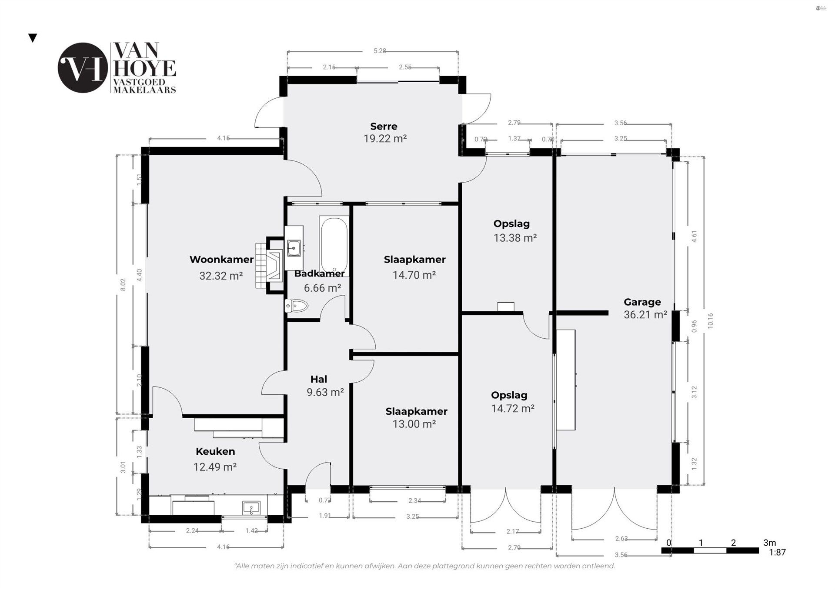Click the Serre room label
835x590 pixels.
pyautogui.click(x=384, y=127)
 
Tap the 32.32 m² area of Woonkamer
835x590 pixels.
pyautogui.click(x=221, y=276)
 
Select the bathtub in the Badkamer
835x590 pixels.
pyautogui.click(x=334, y=244)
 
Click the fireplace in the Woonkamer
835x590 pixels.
pyautogui.click(x=274, y=265)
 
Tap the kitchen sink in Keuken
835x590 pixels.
pyautogui.click(x=251, y=507)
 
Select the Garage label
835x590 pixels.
pyautogui.click(x=642, y=302)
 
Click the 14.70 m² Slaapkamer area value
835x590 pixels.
pyautogui.click(x=414, y=275)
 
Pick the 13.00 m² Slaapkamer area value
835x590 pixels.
pyautogui.click(x=414, y=424)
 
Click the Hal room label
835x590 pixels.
pyautogui.click(x=319, y=379)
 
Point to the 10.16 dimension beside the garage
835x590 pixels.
pyautogui.click(x=710, y=320)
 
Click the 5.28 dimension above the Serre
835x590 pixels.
pyautogui.click(x=380, y=51)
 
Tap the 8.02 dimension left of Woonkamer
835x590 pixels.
pyautogui.click(x=123, y=285)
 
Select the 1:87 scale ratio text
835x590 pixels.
pyautogui.click(x=777, y=553)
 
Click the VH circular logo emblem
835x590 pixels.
pyautogui.click(x=82, y=68)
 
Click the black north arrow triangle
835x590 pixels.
pyautogui.click(x=33, y=38)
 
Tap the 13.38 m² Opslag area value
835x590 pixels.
pyautogui.click(x=515, y=238)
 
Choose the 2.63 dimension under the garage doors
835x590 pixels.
pyautogui.click(x=621, y=538)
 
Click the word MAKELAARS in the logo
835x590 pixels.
pyautogui.click(x=144, y=90)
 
